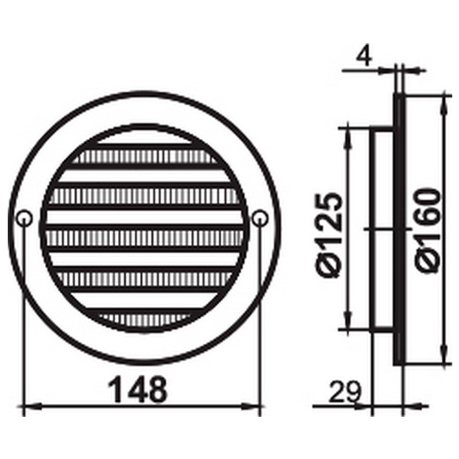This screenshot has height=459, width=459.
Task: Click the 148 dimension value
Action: pyautogui.click(x=137, y=391)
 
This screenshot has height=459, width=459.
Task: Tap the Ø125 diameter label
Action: pyautogui.click(x=329, y=235)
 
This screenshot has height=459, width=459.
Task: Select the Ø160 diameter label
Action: pyautogui.click(x=428, y=231)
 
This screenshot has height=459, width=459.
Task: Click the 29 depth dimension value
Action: pyautogui.click(x=345, y=392)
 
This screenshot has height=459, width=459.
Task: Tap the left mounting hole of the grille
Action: pyautogui.click(x=24, y=218)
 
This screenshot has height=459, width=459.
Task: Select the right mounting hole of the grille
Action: pyautogui.click(x=260, y=218)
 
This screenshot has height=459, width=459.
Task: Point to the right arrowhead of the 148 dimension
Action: pyautogui.click(x=251, y=406)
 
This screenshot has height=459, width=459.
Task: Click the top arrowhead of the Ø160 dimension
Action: pyautogui.click(x=445, y=105)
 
